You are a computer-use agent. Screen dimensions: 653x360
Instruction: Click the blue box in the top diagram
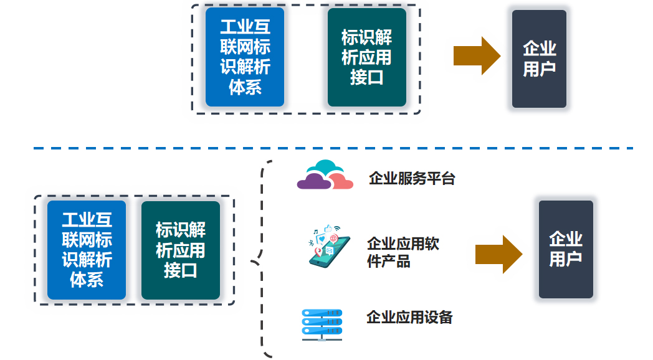click(245, 57)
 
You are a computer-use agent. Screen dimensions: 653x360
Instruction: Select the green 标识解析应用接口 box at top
click(367, 57)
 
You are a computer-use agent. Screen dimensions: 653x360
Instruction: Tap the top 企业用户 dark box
click(540, 59)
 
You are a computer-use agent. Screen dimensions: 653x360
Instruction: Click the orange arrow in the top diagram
click(477, 56)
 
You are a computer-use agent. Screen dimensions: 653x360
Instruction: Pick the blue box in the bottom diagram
click(87, 250)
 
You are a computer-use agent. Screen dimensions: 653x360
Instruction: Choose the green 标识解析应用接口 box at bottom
click(181, 250)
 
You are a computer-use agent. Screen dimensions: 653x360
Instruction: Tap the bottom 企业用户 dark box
click(566, 249)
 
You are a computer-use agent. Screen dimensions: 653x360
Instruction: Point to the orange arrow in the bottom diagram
click(499, 254)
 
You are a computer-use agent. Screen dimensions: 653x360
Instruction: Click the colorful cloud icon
click(325, 175)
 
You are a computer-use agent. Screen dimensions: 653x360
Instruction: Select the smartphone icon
click(329, 247)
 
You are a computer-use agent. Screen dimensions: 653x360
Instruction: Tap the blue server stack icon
click(322, 325)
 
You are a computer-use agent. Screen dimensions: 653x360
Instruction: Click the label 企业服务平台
click(412, 178)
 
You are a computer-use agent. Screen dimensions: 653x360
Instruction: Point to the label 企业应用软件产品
click(403, 252)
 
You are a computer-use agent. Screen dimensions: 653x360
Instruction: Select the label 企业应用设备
click(409, 317)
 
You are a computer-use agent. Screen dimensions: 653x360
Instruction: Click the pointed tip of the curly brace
click(251, 262)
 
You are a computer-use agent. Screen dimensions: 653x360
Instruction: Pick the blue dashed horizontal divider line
click(333, 148)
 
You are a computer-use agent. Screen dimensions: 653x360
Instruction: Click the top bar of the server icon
click(322, 313)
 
